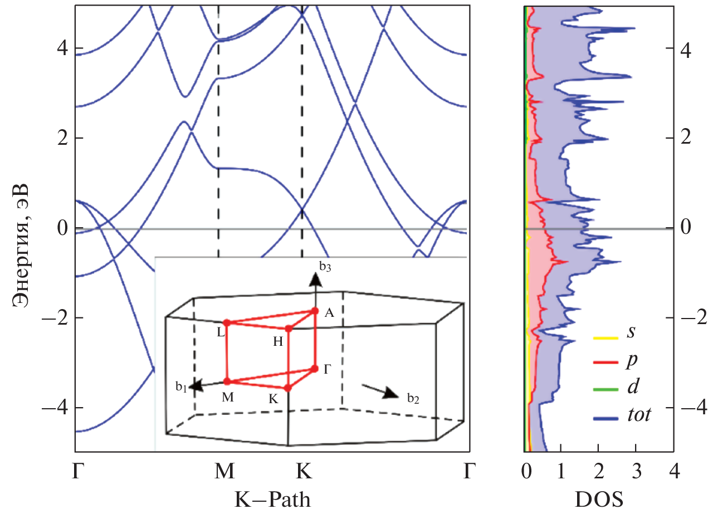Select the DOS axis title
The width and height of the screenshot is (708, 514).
coord(599,498)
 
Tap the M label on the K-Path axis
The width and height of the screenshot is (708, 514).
coord(224,472)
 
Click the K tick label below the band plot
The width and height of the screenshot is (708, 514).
coord(303,472)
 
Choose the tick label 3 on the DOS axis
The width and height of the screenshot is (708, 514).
coord(636,472)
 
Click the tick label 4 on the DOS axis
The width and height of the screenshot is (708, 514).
coord(673,472)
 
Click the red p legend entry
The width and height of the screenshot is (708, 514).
coord(631,361)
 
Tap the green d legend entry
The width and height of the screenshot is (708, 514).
coord(631,388)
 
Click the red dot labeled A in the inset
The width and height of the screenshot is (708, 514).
coord(315,311)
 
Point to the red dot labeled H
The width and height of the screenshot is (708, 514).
coord(289,329)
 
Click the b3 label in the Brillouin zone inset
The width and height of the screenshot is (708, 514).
coord(325,266)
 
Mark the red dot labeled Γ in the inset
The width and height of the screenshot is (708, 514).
coord(315,369)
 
